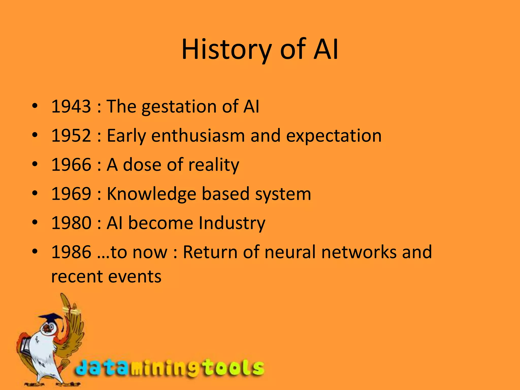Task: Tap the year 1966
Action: coord(71,165)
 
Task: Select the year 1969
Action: coord(71,194)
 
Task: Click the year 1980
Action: coord(71,223)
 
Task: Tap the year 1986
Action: coord(71,252)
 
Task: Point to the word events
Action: coord(135,277)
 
